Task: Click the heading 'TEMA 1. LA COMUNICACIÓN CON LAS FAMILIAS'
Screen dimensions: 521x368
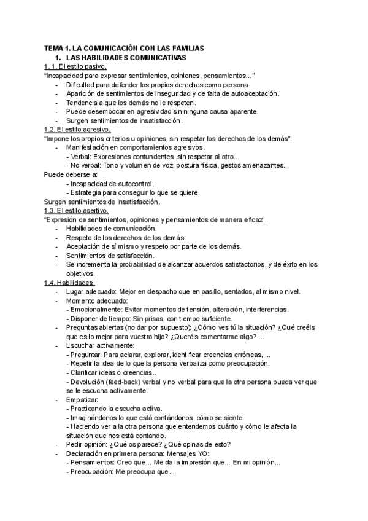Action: coord(123,48)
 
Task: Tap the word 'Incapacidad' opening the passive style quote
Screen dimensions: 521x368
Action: coord(65,76)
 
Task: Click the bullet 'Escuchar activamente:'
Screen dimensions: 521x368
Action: coord(100,345)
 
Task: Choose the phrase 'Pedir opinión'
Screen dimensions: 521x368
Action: coord(87,445)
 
